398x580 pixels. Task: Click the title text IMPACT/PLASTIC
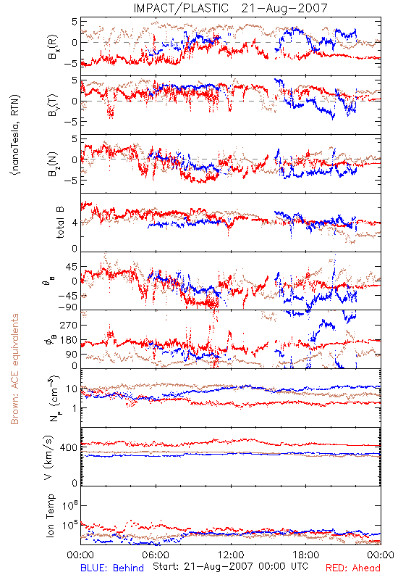181,8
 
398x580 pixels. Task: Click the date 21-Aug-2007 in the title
284,8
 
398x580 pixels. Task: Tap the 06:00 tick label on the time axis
156,555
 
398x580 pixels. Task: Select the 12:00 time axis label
231,555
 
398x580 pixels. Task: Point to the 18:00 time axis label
306,555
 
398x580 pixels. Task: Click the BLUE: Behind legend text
112,568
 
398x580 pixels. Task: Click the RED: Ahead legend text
352,568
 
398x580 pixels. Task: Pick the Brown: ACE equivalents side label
14,369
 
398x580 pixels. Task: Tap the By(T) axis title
53,105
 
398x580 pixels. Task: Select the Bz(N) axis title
53,164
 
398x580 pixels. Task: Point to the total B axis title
60,223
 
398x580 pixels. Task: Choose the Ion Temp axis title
50,515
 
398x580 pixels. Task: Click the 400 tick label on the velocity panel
69,447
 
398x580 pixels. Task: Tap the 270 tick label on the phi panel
69,325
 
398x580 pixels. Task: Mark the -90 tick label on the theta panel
68,307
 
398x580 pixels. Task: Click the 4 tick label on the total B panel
75,223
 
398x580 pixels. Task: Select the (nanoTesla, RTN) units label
16,135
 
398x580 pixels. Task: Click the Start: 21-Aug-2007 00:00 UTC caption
230,566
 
